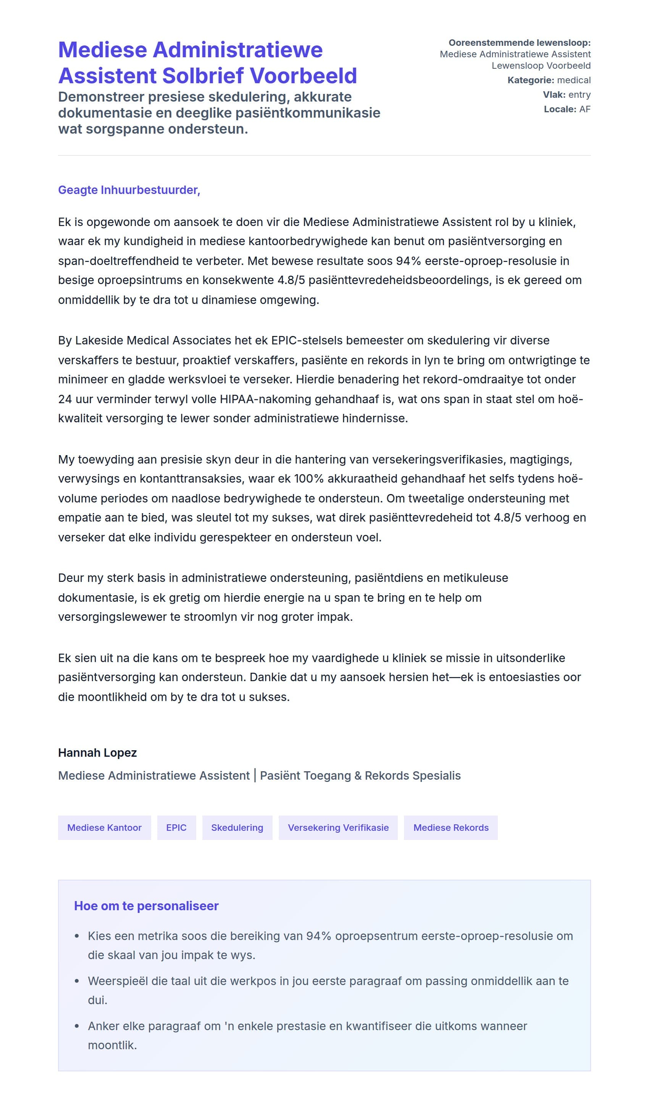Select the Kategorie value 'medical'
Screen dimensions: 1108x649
tap(573, 80)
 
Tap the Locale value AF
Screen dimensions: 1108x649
tap(584, 109)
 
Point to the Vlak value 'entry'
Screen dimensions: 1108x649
tap(579, 95)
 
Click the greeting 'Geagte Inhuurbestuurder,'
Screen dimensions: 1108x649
tap(129, 190)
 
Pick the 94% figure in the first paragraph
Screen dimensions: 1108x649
tap(408, 261)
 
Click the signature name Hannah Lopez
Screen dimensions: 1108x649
tap(97, 753)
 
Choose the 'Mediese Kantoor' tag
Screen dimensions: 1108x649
tap(104, 827)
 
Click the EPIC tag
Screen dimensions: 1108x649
tap(176, 827)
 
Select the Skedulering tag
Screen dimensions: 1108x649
tap(237, 827)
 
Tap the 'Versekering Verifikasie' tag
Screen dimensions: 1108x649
tap(338, 827)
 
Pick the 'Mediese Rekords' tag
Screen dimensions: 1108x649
tap(451, 827)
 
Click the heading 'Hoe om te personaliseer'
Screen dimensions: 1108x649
tap(146, 906)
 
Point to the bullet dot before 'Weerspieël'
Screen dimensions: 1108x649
tap(77, 981)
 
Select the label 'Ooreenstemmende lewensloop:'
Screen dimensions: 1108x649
tap(519, 43)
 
